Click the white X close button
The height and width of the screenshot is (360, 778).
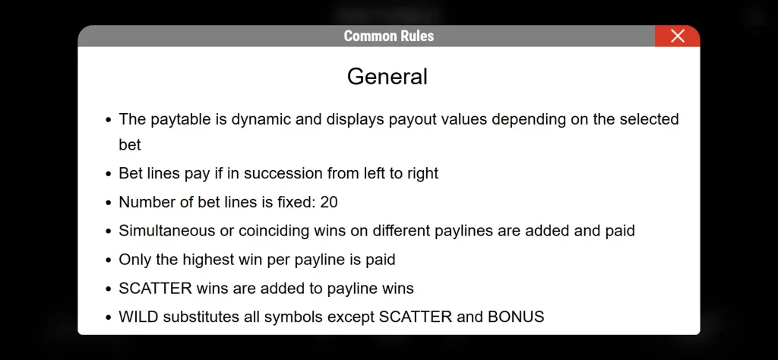coord(677,36)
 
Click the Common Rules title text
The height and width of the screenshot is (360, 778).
coord(389,36)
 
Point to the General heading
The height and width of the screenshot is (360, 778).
coord(387,77)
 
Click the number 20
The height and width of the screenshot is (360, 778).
coord(328,202)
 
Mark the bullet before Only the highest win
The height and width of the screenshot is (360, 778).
coord(109,261)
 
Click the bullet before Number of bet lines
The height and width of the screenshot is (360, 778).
coord(109,203)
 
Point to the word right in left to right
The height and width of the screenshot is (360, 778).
coord(422,174)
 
